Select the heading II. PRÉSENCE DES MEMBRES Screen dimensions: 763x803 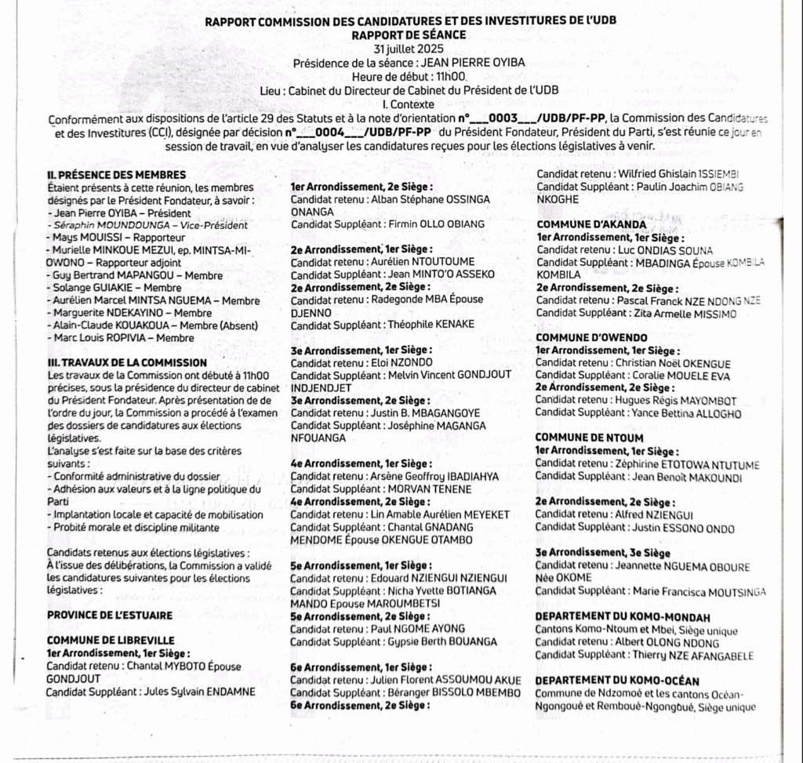[x=117, y=174]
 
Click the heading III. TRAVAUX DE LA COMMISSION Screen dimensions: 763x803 [x=127, y=363]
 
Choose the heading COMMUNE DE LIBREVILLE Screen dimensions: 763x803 [x=110, y=640]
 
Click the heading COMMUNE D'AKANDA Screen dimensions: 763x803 [x=580, y=224]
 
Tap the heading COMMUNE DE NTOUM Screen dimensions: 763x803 [x=578, y=438]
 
